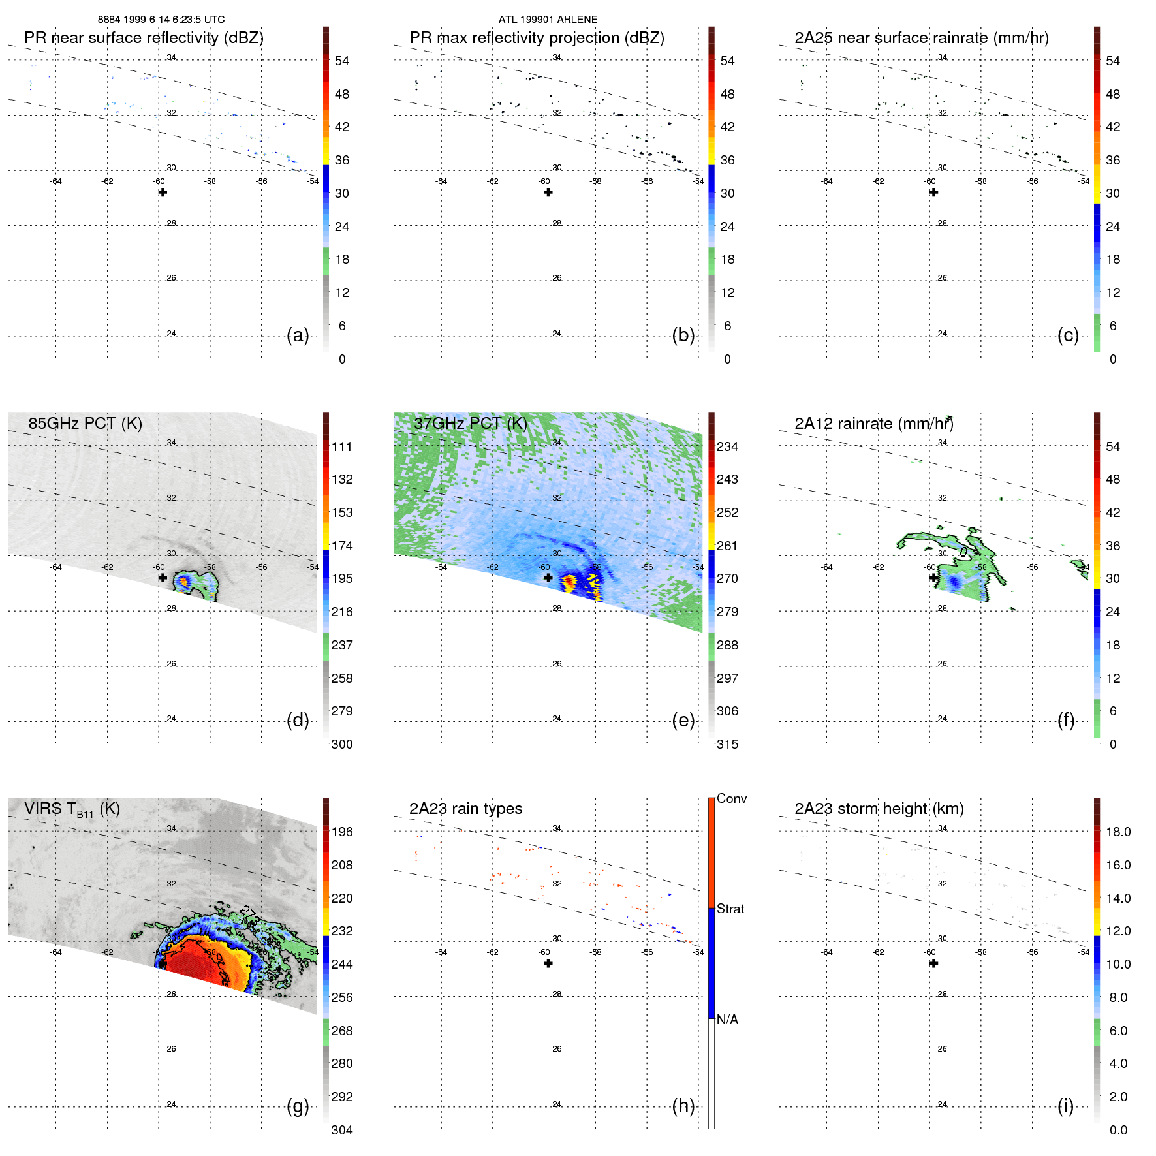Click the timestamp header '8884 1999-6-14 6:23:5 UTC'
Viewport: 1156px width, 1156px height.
(161, 20)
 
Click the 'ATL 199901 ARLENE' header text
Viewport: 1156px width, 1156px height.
(548, 20)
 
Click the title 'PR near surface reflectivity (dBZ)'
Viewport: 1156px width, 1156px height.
(144, 38)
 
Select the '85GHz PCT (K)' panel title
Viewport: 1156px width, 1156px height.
(85, 424)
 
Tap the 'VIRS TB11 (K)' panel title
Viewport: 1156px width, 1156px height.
(72, 809)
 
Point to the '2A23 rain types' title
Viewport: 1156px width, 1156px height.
(465, 809)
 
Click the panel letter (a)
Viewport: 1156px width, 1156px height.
(298, 336)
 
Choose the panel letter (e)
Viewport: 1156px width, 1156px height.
(683, 721)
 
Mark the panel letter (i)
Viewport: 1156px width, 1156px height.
(1065, 1106)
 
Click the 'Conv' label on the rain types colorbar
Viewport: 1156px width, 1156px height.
(731, 798)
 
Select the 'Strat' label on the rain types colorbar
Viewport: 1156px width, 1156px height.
(730, 909)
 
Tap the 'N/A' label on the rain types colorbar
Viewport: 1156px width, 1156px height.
(727, 1020)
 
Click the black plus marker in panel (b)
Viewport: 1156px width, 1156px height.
(548, 193)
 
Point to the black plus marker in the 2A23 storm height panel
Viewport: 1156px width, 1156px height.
(933, 963)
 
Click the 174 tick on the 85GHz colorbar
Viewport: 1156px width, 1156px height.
(342, 546)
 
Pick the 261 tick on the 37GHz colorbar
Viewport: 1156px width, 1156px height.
(727, 546)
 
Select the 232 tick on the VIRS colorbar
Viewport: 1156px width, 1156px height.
(342, 931)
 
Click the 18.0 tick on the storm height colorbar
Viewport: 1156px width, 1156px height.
(1118, 832)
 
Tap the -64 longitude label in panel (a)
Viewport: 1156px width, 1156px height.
(56, 181)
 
